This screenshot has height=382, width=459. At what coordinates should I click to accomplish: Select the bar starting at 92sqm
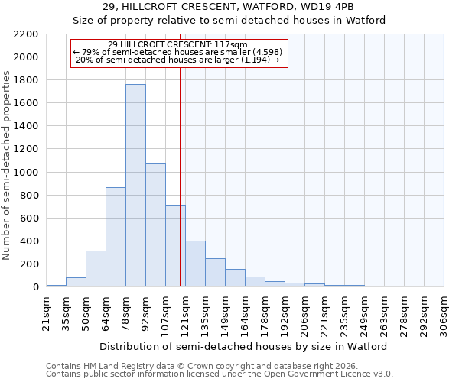(x=155, y=225)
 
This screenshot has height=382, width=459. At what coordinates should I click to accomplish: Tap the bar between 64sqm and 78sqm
(x=116, y=237)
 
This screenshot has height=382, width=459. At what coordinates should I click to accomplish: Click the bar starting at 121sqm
(x=195, y=264)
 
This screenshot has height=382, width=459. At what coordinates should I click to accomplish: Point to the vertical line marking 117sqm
(x=180, y=176)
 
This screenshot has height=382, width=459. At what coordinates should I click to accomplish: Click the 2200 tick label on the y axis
(x=25, y=34)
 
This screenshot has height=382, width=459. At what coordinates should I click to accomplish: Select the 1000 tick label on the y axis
(x=25, y=173)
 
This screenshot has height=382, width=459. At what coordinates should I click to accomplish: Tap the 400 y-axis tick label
(x=28, y=241)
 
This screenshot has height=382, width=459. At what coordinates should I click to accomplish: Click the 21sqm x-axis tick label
(x=46, y=313)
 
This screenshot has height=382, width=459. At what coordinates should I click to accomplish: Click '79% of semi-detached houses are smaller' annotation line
(x=180, y=52)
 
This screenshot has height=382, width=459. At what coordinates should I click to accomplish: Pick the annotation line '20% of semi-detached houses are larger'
(x=180, y=60)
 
